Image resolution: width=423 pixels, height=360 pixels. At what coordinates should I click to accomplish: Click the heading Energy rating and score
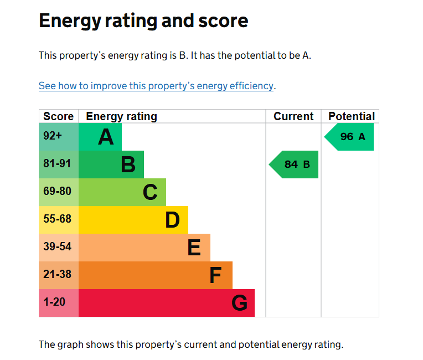coord(143,21)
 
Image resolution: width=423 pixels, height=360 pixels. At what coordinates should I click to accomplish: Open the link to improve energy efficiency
coord(156,86)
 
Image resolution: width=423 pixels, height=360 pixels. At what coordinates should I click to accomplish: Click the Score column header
coord(59,116)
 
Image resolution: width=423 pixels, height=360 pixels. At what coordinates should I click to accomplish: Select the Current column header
coord(293,116)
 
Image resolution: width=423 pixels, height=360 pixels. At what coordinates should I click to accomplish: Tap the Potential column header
coord(352,116)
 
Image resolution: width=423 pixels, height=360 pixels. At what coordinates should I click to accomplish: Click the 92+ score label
coord(53,136)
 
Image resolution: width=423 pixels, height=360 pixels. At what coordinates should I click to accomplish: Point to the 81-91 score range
coord(57,163)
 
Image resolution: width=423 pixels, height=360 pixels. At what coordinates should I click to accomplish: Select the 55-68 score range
coord(57,219)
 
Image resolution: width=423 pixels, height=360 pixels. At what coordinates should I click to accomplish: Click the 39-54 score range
coord(57,246)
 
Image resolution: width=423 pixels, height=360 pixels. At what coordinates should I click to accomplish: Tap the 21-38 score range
coord(57,275)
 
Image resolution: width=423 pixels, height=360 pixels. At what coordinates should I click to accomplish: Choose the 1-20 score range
coord(54,302)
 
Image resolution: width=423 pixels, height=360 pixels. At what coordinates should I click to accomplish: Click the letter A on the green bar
coord(106,137)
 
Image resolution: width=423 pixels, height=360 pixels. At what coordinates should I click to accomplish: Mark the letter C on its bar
coord(150,192)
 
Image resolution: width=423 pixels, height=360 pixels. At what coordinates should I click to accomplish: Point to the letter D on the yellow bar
coord(172,220)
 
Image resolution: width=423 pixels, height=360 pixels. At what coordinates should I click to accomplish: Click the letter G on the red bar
coord(240,303)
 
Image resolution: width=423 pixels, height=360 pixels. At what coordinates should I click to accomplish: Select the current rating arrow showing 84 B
coord(293,164)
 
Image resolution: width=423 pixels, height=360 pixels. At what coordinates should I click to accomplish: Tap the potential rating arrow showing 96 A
coord(349,137)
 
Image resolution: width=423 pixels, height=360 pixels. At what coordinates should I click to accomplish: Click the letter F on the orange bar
coord(215,275)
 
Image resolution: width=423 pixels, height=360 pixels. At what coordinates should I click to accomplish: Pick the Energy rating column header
coord(121,116)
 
